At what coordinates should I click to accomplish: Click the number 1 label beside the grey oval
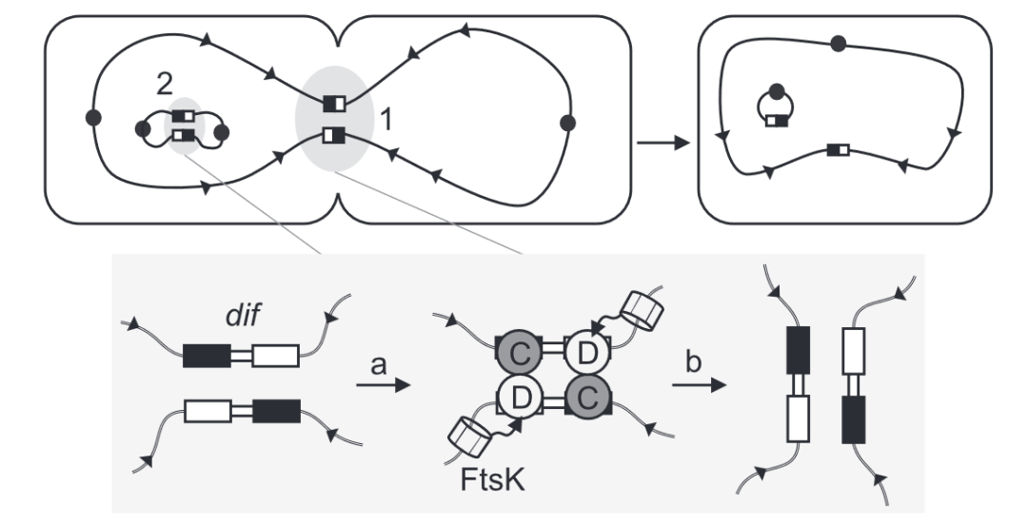[x=386, y=120]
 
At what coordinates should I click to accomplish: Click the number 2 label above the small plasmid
[x=166, y=84]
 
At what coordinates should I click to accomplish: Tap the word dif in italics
[x=243, y=316]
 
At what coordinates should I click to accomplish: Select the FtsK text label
[x=493, y=479]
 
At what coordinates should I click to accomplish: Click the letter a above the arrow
[x=378, y=365]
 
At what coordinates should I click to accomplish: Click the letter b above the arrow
[x=694, y=361]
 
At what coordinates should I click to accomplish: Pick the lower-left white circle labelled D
[x=520, y=398]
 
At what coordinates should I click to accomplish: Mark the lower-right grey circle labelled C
[x=587, y=398]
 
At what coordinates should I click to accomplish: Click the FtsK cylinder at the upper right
[x=642, y=310]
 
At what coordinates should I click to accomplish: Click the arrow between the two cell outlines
[x=662, y=143]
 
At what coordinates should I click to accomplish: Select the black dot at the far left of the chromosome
[x=93, y=118]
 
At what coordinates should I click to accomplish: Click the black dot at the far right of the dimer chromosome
[x=568, y=123]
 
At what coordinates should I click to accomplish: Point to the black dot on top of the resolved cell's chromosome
[x=838, y=44]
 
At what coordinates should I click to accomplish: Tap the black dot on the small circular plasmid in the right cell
[x=777, y=91]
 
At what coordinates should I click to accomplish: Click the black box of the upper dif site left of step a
[x=207, y=356]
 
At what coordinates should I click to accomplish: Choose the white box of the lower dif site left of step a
[x=208, y=412]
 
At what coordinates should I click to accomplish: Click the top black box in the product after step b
[x=798, y=341]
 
